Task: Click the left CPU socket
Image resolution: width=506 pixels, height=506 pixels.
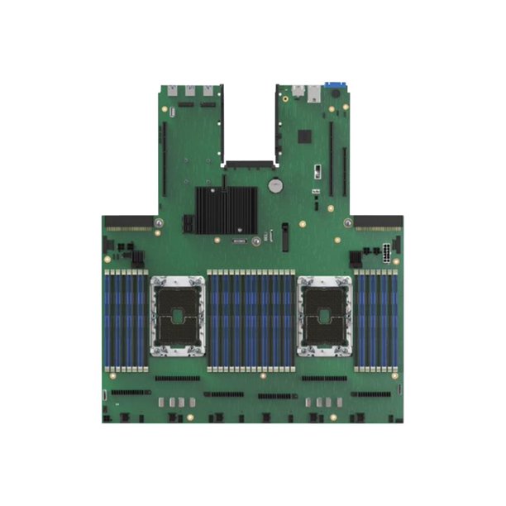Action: (x=178, y=316)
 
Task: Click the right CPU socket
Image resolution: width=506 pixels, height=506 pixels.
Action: (x=323, y=316)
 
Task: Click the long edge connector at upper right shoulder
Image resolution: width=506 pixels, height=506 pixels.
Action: (x=378, y=222)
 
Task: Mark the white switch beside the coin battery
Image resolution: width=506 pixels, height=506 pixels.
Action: (x=317, y=174)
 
